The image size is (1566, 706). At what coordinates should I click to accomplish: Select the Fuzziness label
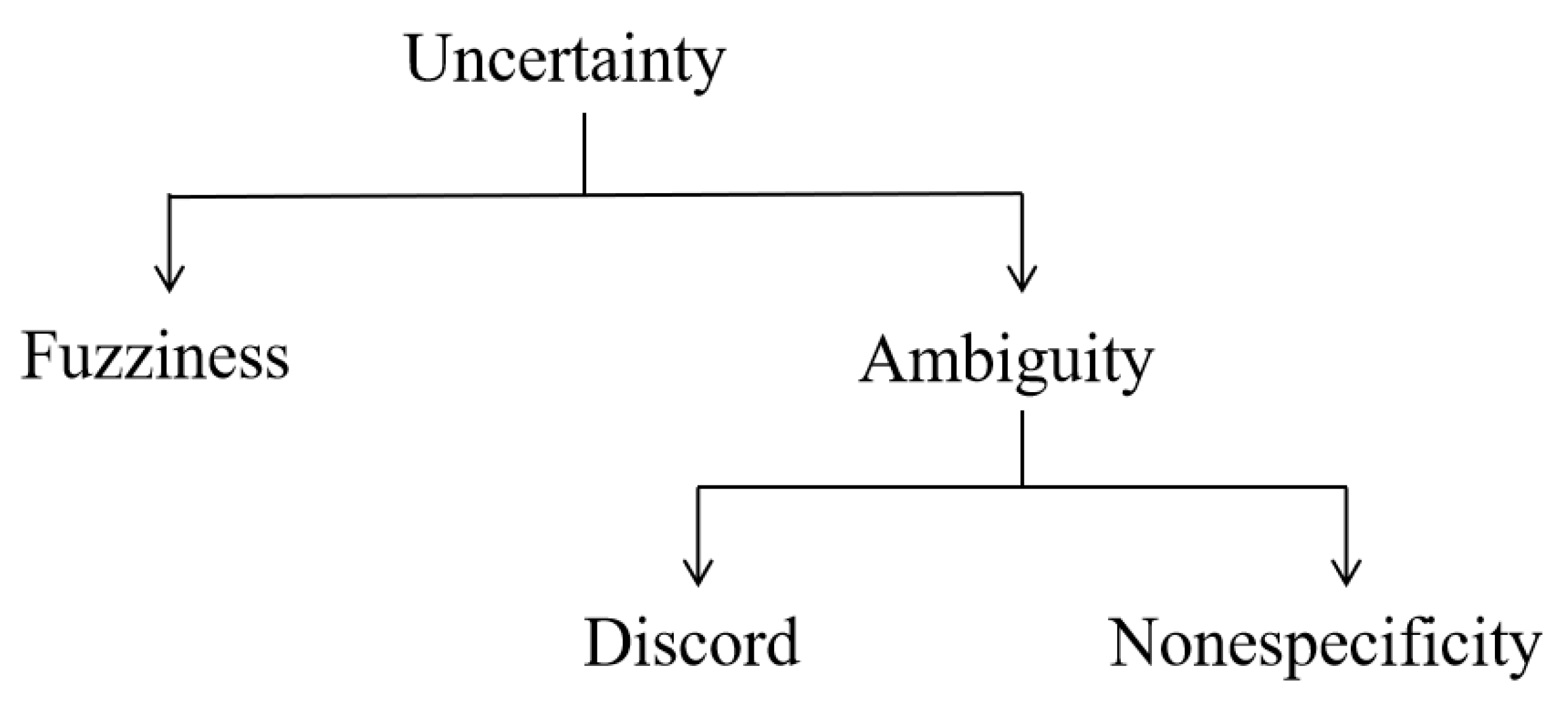click(155, 356)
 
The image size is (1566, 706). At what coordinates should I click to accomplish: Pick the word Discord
click(691, 642)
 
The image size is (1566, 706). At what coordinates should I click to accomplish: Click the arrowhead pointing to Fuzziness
click(170, 280)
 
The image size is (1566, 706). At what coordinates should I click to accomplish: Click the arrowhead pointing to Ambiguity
click(1022, 280)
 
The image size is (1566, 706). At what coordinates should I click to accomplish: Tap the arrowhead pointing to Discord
click(698, 573)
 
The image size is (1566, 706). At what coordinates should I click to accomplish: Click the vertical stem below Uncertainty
click(584, 153)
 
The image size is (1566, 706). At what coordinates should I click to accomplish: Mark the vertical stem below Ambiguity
click(1022, 448)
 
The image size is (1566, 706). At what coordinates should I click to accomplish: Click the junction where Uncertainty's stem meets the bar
click(584, 194)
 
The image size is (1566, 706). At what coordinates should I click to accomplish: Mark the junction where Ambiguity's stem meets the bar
click(1022, 487)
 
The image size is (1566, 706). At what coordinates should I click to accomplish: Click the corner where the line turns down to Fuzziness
click(170, 196)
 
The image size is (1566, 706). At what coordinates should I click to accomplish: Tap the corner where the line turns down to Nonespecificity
click(1346, 487)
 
